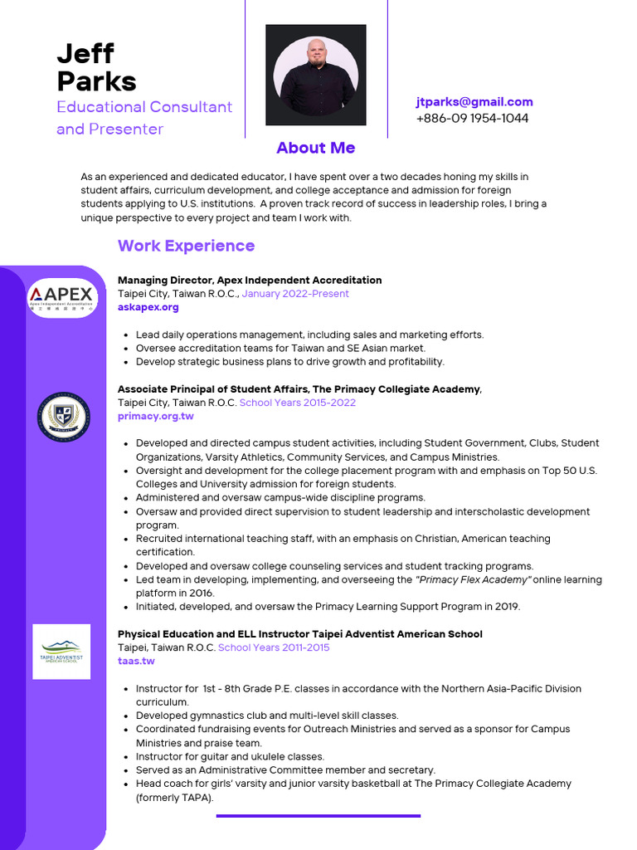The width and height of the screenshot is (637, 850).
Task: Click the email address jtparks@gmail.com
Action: [x=474, y=102]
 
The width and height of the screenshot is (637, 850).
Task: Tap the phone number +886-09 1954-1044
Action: [x=472, y=118]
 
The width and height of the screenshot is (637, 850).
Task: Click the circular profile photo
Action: [x=316, y=75]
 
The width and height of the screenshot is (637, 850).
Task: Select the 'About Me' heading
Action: [x=315, y=148]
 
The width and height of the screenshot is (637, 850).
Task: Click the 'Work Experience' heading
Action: [x=186, y=246]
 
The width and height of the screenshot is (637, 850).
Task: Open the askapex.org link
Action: [x=148, y=307]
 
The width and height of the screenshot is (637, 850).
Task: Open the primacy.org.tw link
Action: [x=155, y=416]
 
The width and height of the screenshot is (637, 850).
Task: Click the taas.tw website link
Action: [x=136, y=661]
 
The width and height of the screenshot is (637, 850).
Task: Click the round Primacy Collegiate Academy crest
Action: [x=62, y=416]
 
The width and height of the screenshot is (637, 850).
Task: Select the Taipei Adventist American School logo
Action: [x=62, y=652]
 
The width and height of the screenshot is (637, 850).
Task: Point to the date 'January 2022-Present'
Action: [x=295, y=294]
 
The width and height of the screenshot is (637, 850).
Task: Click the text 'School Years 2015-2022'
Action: [x=297, y=403]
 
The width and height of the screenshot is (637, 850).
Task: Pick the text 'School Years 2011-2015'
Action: [x=273, y=647]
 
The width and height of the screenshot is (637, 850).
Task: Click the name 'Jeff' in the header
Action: [x=85, y=53]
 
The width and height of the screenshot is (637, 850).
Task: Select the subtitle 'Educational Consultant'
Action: [x=144, y=107]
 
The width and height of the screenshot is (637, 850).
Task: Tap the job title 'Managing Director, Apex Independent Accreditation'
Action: [x=250, y=280]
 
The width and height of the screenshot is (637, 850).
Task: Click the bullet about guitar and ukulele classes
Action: [x=230, y=756]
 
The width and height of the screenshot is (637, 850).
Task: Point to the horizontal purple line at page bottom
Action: [x=318, y=816]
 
